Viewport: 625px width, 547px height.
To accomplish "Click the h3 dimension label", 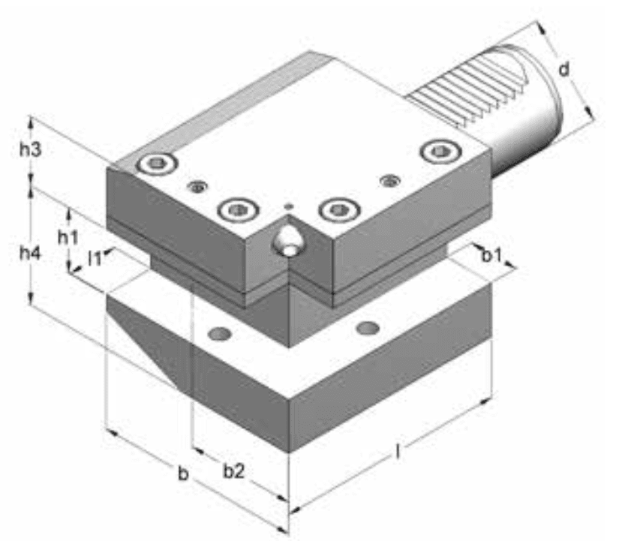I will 30,149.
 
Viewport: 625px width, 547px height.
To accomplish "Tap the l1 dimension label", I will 95,260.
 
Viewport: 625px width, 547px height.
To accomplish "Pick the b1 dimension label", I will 491,255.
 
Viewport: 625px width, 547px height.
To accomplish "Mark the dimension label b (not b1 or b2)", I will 182,474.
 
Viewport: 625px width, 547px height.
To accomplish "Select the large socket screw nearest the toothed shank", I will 440,151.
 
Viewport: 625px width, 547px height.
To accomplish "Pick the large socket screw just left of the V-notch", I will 236,210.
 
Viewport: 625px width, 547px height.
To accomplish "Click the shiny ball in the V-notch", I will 287,242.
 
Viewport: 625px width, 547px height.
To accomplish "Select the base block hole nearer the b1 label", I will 368,328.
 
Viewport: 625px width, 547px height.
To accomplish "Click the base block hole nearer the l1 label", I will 220,332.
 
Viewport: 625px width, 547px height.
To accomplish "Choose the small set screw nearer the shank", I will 389,180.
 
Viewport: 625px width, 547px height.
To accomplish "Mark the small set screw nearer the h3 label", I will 198,186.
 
